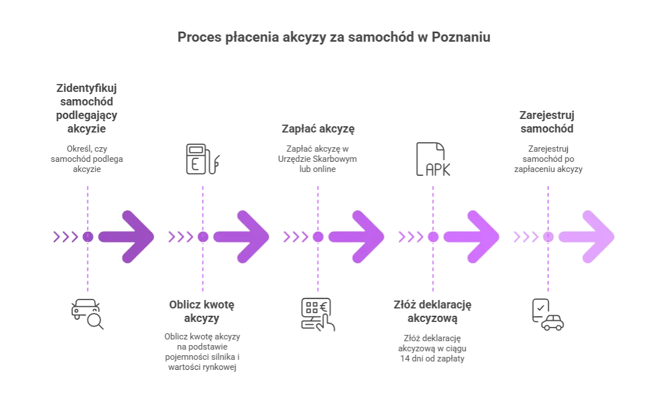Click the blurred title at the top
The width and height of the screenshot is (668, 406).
333,38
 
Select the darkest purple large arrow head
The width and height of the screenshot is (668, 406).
135,237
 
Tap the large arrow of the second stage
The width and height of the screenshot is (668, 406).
251,237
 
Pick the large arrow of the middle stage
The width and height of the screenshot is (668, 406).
366,237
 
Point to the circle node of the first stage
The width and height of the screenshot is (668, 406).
88,237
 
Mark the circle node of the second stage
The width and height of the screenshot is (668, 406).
203,237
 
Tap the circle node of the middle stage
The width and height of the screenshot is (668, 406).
318,237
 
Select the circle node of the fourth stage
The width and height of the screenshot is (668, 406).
433,237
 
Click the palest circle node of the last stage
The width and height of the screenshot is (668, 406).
548,237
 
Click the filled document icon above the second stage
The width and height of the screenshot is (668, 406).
202,157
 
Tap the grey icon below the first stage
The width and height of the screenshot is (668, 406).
88,315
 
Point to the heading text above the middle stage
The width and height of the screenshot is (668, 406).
318,130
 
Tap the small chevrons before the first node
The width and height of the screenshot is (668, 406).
65,237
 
